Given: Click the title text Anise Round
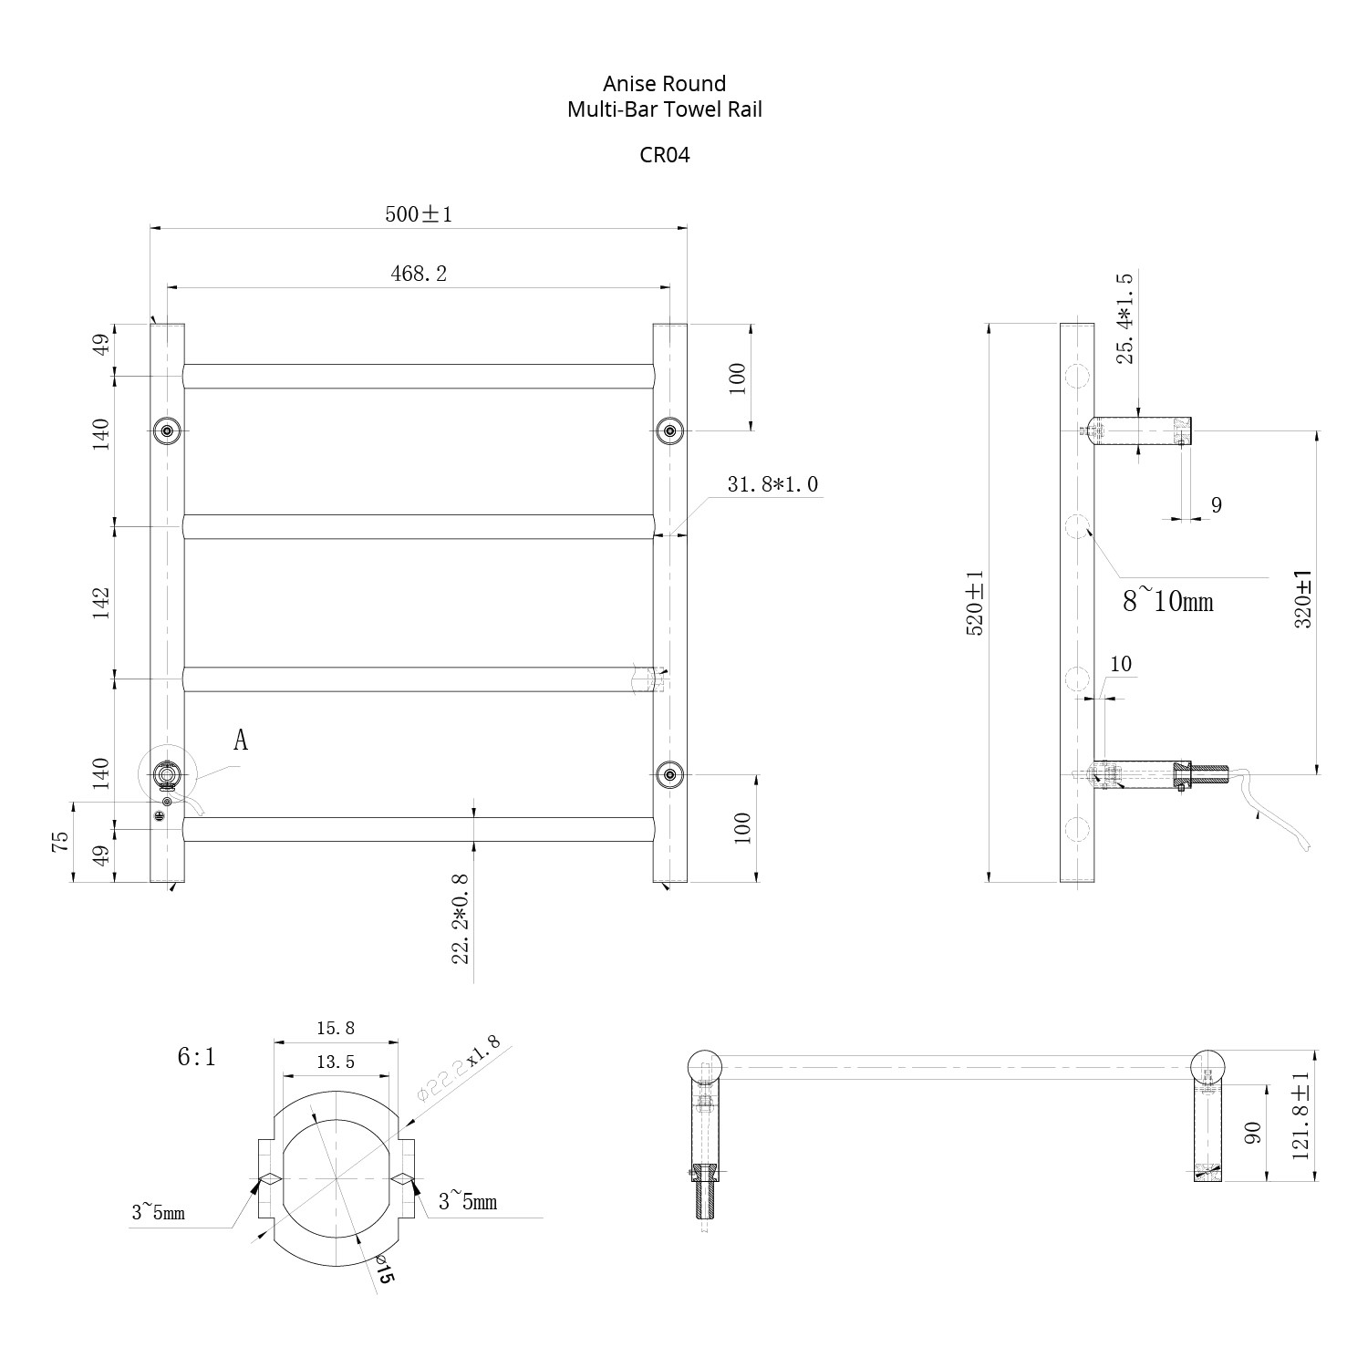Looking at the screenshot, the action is (664, 84).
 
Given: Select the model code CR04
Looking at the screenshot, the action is (664, 154).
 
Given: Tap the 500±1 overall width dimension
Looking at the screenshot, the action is (419, 214).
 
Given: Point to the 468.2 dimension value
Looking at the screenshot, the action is (419, 273).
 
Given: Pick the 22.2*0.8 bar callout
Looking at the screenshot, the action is (461, 917).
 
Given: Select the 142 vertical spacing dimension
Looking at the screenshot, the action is (100, 603).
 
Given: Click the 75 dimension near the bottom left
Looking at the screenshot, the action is (60, 841).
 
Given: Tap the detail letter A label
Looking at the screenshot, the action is (241, 740).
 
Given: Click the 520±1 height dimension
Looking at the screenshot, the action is (975, 603).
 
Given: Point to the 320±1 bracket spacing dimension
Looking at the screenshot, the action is (1303, 599).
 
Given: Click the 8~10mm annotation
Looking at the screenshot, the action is (1168, 600).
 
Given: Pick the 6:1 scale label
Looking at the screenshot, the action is (196, 1056).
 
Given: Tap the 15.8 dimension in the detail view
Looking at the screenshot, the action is (336, 1029).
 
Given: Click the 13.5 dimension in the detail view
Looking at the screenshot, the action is (336, 1062).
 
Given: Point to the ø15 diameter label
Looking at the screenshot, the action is (382, 1270).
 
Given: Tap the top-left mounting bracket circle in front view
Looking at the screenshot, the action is (167, 430).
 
